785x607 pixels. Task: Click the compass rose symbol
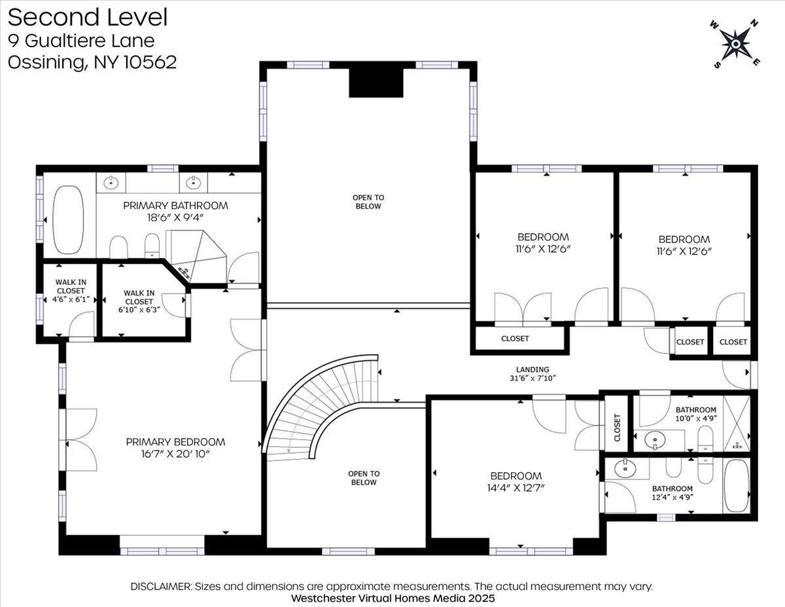[735, 44]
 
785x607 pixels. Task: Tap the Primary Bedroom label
[175, 442]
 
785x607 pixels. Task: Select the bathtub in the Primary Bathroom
[68, 220]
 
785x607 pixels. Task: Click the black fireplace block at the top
[375, 83]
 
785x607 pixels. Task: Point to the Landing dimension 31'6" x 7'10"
[532, 378]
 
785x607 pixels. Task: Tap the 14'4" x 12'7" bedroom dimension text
[515, 488]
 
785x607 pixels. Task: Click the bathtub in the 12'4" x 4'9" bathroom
[737, 485]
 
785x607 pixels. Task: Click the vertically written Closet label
[617, 428]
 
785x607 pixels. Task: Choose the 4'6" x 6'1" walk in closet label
[71, 291]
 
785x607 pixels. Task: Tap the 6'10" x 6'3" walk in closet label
[139, 301]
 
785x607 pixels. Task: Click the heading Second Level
[88, 17]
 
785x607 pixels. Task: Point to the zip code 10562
[150, 62]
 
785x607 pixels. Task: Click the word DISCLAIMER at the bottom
[161, 586]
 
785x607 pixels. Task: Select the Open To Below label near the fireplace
[368, 202]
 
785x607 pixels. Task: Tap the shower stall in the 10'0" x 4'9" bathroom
[737, 424]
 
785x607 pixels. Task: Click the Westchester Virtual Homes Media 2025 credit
[392, 598]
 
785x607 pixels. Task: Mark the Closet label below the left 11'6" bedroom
[515, 339]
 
